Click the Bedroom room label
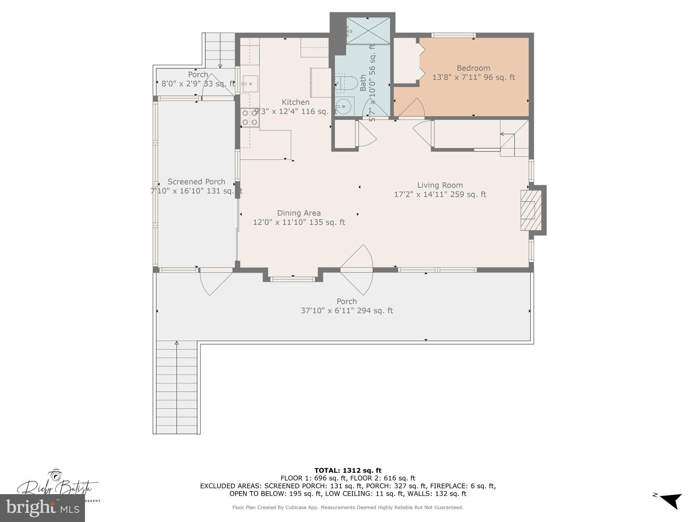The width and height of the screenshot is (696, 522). tap(473, 68)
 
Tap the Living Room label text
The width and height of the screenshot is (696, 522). tap(440, 185)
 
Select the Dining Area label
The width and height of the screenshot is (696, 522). tap(299, 213)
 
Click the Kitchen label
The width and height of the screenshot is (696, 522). tap(295, 102)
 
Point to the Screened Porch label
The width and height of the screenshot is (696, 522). tap(196, 182)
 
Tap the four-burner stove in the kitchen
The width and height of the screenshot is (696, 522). tap(250, 118)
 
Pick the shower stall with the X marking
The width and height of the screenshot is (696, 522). tap(368, 31)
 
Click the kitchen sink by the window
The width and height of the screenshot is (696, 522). tap(250, 84)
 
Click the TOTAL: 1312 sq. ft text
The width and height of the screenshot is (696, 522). tap(348, 470)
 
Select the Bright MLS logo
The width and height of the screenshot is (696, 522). tap(42, 508)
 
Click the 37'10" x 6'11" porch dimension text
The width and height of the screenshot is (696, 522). tap(347, 311)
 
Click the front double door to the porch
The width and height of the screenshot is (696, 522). tap(356, 270)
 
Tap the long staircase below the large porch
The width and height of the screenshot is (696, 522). tap(176, 387)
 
